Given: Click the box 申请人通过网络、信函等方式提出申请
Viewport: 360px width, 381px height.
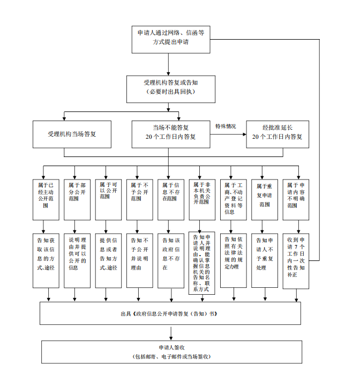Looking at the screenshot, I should (170, 39).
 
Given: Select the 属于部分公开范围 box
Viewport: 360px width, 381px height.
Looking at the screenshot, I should (77, 197).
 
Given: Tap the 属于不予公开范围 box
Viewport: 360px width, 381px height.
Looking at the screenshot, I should (140, 197).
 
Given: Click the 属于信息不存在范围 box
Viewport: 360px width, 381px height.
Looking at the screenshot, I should (171, 197).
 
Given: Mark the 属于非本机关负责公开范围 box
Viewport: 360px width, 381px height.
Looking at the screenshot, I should (202, 197).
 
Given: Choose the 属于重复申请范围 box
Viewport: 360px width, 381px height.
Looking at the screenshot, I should (265, 197).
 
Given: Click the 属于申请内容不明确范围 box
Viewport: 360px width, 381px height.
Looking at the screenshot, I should (296, 197).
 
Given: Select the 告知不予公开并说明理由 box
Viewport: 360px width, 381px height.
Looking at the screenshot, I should (140, 259).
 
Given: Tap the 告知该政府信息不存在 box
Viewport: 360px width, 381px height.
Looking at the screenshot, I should (171, 259).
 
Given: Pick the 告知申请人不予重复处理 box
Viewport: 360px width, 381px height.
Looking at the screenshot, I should (265, 259).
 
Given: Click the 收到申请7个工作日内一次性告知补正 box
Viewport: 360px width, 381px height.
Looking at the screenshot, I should (296, 259).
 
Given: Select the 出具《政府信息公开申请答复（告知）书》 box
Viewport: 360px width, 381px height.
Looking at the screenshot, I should (170, 313).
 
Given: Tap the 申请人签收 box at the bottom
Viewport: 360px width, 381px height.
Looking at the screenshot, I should (170, 352).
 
